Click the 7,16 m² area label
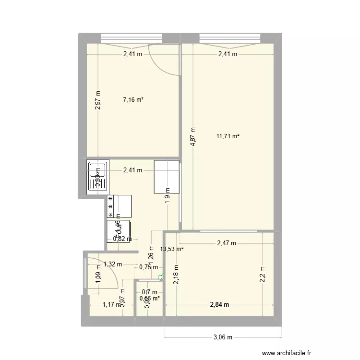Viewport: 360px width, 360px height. point(133,100)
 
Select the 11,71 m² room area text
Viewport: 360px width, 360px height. point(228,136)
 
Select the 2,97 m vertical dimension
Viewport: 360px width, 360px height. point(98,101)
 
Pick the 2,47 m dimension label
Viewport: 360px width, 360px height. point(226,243)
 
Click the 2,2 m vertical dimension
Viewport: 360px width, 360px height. point(263,275)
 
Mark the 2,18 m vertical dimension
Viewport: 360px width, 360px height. point(177,275)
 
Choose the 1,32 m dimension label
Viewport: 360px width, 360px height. point(113,264)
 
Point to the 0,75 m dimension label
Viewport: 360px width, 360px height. point(148,267)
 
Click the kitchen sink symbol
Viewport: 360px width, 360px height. point(98,177)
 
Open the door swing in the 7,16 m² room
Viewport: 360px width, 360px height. point(164,60)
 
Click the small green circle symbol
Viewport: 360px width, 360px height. point(160,276)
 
